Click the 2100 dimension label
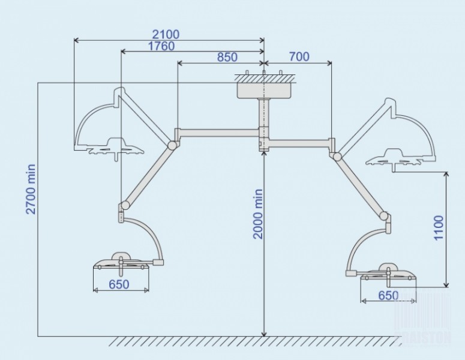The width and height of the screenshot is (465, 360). (x=166, y=34)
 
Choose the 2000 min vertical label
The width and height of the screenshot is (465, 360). (x=258, y=214)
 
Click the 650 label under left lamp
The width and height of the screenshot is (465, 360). (x=120, y=285)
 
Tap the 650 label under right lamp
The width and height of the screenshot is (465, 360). (x=389, y=295)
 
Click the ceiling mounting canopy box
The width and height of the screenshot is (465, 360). (x=264, y=91)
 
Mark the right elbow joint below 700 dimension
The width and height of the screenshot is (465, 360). (x=337, y=156)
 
